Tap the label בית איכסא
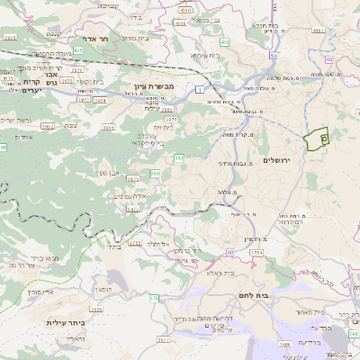click(x=202, y=55)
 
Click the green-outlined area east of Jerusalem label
click(x=315, y=139)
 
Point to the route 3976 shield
click(x=96, y=309)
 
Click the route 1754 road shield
click(x=257, y=255)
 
